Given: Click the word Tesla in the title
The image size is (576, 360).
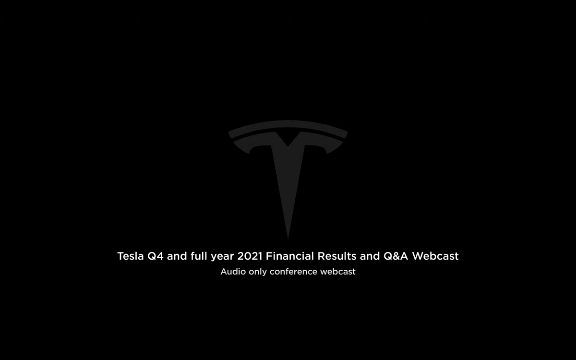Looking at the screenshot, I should click(131, 256).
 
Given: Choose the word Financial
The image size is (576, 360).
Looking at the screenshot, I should click(290, 256).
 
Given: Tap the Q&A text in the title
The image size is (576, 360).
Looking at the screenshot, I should click(396, 256).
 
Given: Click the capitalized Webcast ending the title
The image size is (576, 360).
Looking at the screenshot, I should click(435, 256).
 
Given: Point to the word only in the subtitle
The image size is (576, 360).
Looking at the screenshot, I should click(258, 272).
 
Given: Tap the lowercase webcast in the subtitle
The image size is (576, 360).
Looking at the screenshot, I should click(338, 272).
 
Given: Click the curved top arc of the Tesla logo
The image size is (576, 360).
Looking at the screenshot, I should click(288, 124).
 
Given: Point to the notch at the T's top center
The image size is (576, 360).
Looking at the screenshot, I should click(288, 143).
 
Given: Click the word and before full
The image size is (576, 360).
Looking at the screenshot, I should click(177, 256).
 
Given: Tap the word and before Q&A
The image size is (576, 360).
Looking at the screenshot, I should click(370, 256).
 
